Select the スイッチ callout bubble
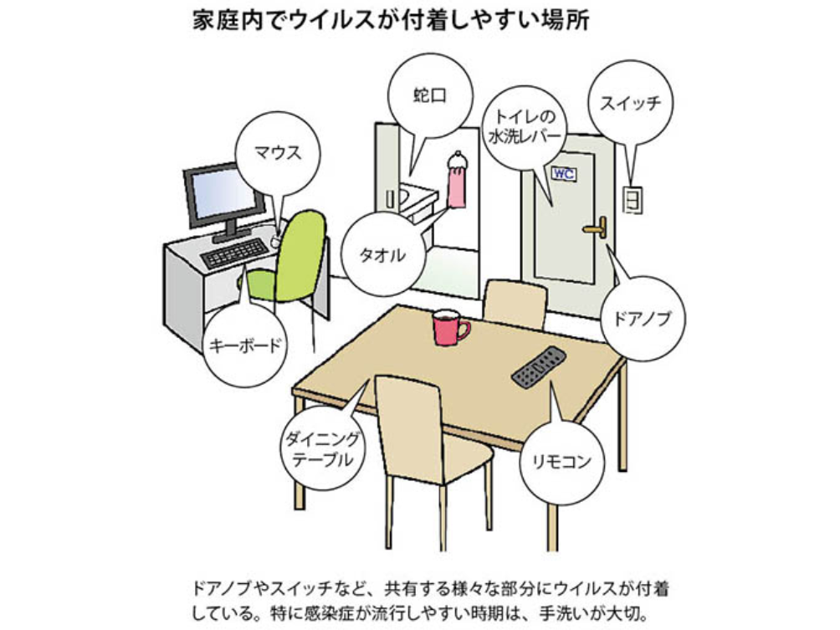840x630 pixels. click(x=630, y=104)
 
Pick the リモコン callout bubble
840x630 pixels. click(x=561, y=461)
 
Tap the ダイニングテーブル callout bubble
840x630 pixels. click(x=323, y=448)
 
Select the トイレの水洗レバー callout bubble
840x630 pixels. click(x=525, y=126)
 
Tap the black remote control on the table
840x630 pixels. click(x=538, y=366)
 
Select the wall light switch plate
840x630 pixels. click(x=633, y=199)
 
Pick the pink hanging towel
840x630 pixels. click(x=456, y=185)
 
